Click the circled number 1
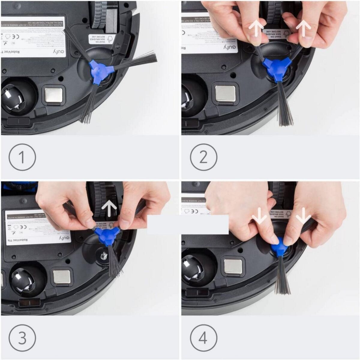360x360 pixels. point(22,157)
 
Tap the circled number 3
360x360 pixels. point(22,338)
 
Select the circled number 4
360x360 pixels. point(203,338)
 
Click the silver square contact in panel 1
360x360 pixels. point(54,95)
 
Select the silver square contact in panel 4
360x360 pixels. point(233,266)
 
